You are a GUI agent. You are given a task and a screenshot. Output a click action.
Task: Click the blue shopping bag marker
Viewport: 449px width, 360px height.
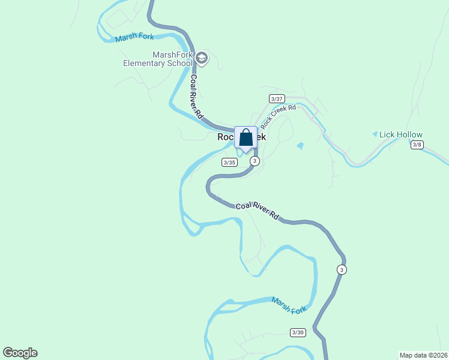pyautogui.click(x=246, y=138)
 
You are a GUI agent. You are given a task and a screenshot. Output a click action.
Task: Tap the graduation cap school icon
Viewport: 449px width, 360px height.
pyautogui.click(x=202, y=58)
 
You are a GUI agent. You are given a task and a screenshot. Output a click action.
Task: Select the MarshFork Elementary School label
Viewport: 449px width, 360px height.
pyautogui.click(x=158, y=59)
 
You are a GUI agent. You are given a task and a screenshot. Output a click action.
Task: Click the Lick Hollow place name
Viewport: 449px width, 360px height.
pyautogui.click(x=401, y=135)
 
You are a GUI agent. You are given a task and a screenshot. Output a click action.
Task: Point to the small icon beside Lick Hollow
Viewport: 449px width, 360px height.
pyautogui.click(x=375, y=134)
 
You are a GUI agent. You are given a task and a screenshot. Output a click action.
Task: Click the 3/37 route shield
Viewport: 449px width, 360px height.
pyautogui.click(x=277, y=98)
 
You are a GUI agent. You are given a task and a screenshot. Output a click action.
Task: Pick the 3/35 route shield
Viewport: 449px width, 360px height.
pyautogui.click(x=229, y=162)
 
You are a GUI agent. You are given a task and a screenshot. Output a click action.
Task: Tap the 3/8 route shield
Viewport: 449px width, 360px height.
pyautogui.click(x=417, y=145)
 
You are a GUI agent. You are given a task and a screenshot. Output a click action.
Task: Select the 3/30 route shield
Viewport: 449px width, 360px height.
pyautogui.click(x=298, y=332)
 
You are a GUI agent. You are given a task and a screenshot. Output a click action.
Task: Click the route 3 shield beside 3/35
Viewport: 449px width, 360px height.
pyautogui.click(x=255, y=161)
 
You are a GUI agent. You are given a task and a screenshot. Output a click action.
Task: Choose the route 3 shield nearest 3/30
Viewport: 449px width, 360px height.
pyautogui.click(x=342, y=269)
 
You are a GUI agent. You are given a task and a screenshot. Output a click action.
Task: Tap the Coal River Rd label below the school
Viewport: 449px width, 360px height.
pyautogui.click(x=197, y=96)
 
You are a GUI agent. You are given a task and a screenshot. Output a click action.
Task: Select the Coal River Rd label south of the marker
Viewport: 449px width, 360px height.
pyautogui.click(x=258, y=210)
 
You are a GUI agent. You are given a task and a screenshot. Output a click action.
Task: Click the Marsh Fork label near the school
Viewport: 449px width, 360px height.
pyautogui.click(x=134, y=37)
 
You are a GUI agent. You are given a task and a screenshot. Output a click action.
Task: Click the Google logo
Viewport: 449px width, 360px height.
pyautogui.click(x=20, y=353)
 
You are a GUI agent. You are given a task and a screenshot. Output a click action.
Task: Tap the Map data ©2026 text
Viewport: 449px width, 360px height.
pyautogui.click(x=423, y=355)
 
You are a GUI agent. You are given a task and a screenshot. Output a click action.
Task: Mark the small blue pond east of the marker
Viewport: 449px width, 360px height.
pyautogui.click(x=300, y=145)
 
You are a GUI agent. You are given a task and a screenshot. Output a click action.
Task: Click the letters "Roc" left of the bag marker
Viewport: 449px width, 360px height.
pyautogui.click(x=225, y=137)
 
